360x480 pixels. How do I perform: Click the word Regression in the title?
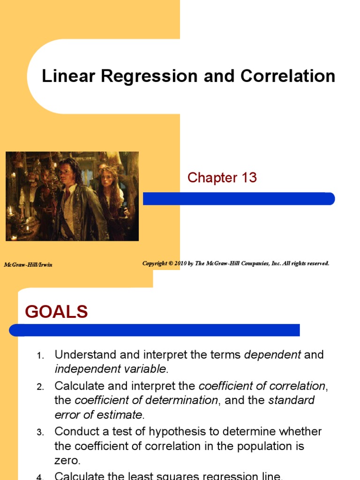[145, 76]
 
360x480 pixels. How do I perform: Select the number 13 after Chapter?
[248, 178]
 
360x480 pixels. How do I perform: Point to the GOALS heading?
[56, 312]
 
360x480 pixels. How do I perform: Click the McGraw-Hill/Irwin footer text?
[28, 265]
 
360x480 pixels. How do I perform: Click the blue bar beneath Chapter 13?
[239, 199]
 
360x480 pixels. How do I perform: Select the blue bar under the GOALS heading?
[155, 330]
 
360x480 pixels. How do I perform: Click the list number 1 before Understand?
[40, 356]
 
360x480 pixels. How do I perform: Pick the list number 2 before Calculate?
[40, 387]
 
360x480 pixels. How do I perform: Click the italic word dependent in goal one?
[272, 355]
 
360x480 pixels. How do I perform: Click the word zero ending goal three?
[64, 461]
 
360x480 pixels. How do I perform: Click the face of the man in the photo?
[65, 169]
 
